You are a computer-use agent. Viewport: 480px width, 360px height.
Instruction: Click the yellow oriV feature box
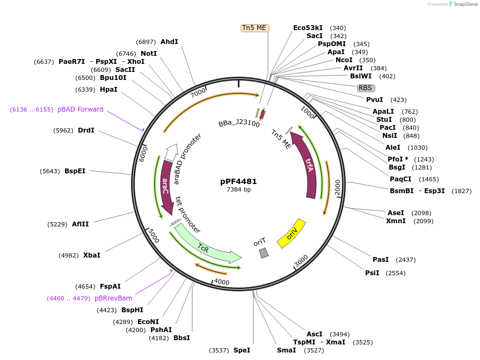[292, 233]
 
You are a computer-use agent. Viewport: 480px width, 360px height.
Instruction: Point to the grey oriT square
[264, 253]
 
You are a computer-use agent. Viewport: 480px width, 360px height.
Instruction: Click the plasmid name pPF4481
[238, 181]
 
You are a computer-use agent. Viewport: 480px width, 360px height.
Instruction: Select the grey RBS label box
[366, 88]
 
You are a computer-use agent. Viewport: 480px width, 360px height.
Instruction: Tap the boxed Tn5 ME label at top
[254, 28]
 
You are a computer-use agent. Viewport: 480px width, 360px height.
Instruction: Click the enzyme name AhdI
[169, 42]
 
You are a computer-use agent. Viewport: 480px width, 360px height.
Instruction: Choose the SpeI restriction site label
[242, 350]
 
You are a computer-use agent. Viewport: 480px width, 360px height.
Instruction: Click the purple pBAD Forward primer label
[80, 109]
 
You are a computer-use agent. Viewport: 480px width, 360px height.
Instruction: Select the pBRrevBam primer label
[113, 298]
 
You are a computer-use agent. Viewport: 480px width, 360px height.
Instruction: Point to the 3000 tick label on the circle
[301, 261]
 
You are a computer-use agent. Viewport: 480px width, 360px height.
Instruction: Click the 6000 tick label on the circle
[143, 153]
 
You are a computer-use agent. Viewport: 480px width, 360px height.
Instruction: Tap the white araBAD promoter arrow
[171, 152]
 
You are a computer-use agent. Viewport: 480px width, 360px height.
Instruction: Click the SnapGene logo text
[466, 4]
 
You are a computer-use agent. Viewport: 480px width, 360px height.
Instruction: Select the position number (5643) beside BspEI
[49, 171]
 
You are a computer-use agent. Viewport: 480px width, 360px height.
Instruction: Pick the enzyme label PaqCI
[401, 179]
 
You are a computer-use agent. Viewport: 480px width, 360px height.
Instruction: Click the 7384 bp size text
[238, 189]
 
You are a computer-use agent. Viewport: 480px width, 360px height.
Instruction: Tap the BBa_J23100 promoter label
[239, 123]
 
